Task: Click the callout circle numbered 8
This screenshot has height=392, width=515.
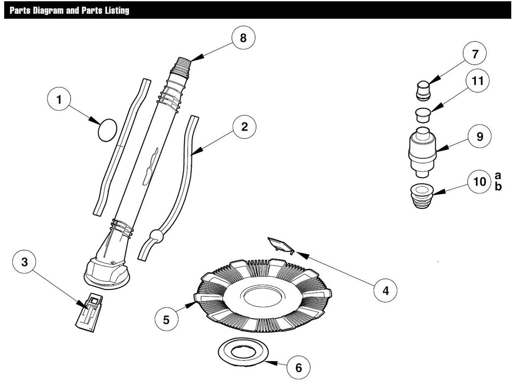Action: pos(243,38)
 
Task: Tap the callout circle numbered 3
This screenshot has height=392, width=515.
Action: pos(25,262)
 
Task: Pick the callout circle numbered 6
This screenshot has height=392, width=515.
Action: pos(298,367)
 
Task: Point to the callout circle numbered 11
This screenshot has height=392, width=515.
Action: pos(478,81)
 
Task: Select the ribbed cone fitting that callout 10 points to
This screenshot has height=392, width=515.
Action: pos(422,196)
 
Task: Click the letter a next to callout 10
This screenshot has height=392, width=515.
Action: pos(498,175)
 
